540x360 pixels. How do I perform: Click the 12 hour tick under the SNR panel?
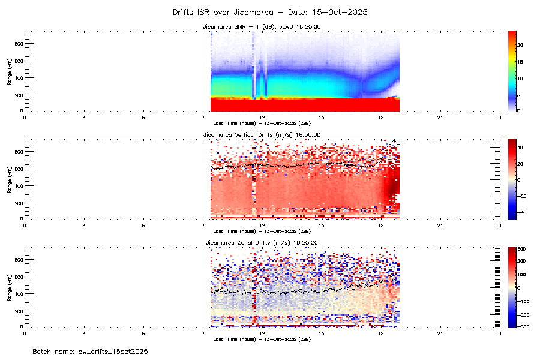tap(262, 117)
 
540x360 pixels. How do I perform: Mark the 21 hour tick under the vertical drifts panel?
tap(440, 225)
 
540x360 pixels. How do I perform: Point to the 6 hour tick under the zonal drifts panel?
tap(143, 333)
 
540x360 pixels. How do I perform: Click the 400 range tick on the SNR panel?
tap(19, 78)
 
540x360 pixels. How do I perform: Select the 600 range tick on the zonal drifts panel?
tap(19, 277)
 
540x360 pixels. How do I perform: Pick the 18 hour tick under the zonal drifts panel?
tap(381, 333)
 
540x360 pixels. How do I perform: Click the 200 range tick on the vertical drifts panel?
tap(19, 203)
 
